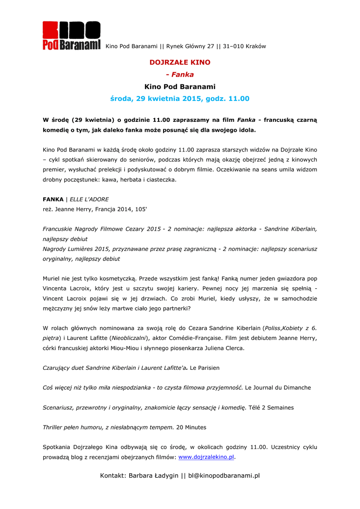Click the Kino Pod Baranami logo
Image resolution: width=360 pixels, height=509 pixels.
tap(72, 36)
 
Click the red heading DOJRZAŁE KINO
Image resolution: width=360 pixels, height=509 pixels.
tap(180, 63)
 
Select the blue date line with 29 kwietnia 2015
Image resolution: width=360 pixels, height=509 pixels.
tap(180, 99)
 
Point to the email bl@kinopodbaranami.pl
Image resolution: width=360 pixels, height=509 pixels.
tap(224, 476)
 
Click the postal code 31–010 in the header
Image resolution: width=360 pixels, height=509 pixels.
tap(232, 47)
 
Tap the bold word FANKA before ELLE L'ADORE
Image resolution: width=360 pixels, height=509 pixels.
tap(53, 199)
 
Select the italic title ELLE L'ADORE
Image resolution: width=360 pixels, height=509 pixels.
tap(89, 199)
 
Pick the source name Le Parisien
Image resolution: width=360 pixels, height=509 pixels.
tap(205, 368)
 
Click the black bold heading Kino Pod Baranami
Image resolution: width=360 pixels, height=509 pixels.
tap(180, 87)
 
